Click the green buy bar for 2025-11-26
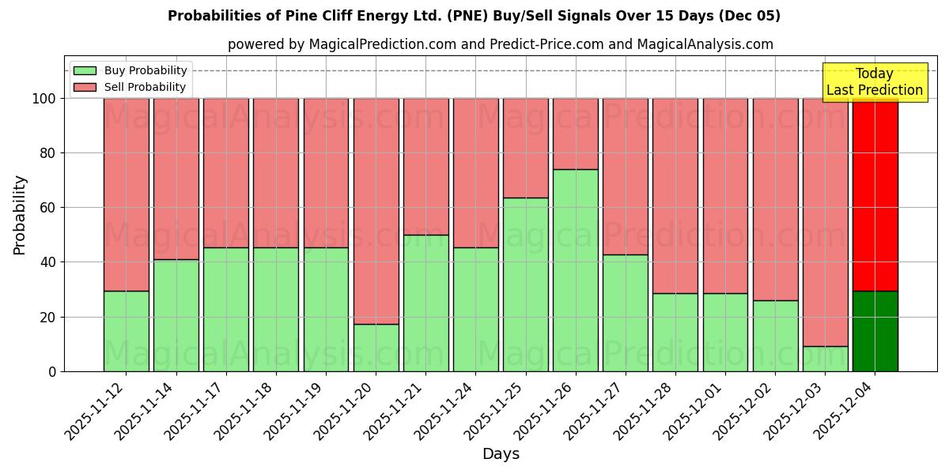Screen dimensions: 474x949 (576, 270)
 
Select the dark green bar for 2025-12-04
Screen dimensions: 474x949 (875, 331)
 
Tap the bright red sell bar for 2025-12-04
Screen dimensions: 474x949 (875, 194)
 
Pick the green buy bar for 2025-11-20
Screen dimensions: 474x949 (376, 348)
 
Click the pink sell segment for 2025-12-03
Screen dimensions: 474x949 (826, 222)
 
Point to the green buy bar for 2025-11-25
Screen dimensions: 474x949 (526, 284)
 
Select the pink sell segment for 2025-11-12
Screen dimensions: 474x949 (126, 194)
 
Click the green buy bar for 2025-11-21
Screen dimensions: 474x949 (426, 303)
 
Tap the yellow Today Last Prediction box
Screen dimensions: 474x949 (874, 82)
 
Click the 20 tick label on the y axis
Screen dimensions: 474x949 (48, 317)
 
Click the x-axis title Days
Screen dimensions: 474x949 (501, 454)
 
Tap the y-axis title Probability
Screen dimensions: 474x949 (20, 215)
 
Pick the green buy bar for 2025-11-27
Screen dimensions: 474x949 (626, 313)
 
